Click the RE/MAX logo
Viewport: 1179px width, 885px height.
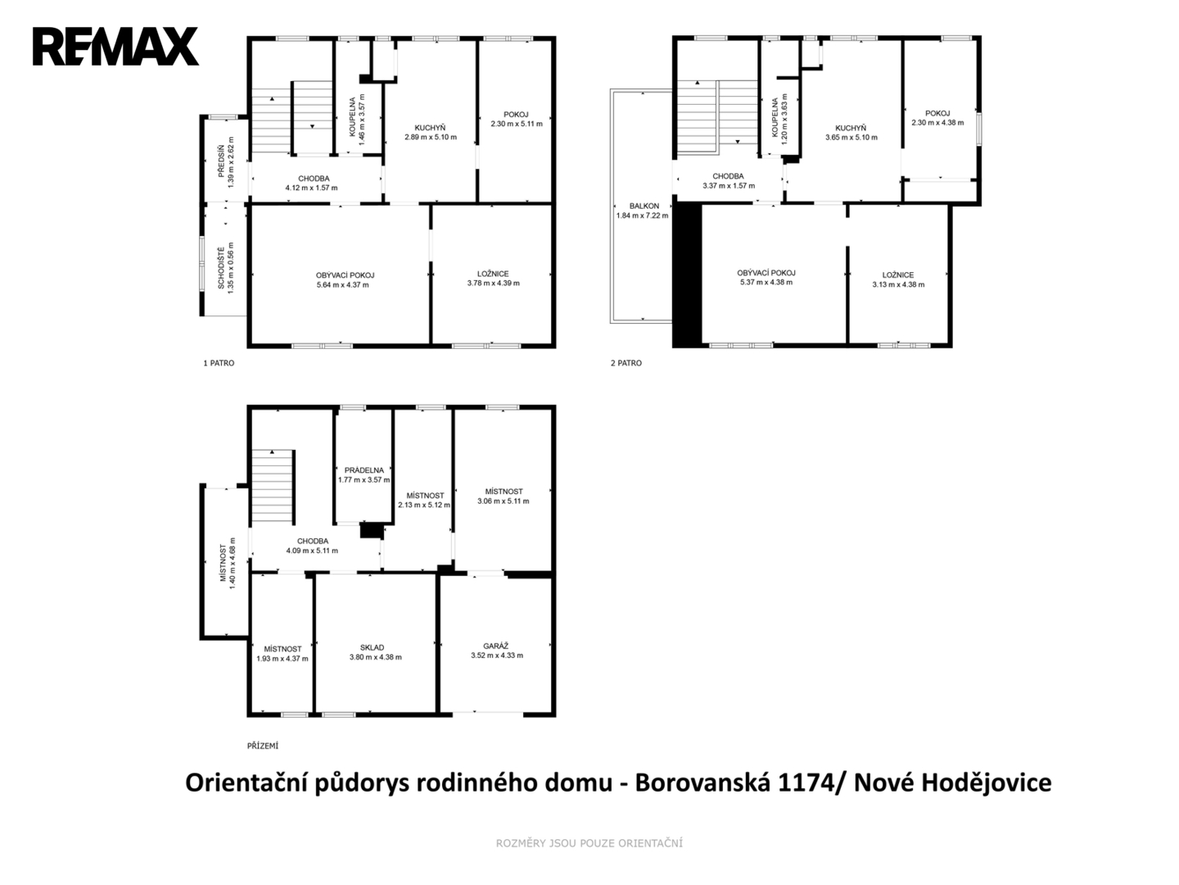pyautogui.click(x=115, y=47)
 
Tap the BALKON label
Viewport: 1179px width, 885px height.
pyautogui.click(x=644, y=206)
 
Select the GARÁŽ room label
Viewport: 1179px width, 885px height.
pyautogui.click(x=496, y=646)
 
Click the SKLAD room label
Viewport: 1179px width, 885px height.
pyautogui.click(x=373, y=647)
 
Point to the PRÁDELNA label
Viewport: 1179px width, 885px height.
pyautogui.click(x=364, y=470)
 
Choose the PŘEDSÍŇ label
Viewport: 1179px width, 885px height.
pyautogui.click(x=221, y=161)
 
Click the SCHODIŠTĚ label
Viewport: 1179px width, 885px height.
pyautogui.click(x=221, y=268)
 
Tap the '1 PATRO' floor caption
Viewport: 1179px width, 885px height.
pyautogui.click(x=219, y=363)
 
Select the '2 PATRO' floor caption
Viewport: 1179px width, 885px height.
pyautogui.click(x=626, y=363)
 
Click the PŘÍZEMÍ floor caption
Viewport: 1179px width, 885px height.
pyautogui.click(x=263, y=746)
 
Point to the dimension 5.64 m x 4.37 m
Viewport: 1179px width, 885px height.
pyautogui.click(x=343, y=285)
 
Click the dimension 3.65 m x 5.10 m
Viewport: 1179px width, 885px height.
pyautogui.click(x=851, y=138)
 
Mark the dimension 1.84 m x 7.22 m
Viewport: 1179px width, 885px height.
pyautogui.click(x=643, y=216)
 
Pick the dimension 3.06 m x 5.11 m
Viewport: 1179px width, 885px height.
pyautogui.click(x=504, y=501)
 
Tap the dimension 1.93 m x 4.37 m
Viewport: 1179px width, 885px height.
pyautogui.click(x=282, y=659)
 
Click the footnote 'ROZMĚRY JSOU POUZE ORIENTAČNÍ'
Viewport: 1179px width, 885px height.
pyautogui.click(x=589, y=843)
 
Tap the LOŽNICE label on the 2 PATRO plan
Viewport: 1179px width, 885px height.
pyautogui.click(x=898, y=275)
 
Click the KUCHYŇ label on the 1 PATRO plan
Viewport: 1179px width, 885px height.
pyautogui.click(x=430, y=128)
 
